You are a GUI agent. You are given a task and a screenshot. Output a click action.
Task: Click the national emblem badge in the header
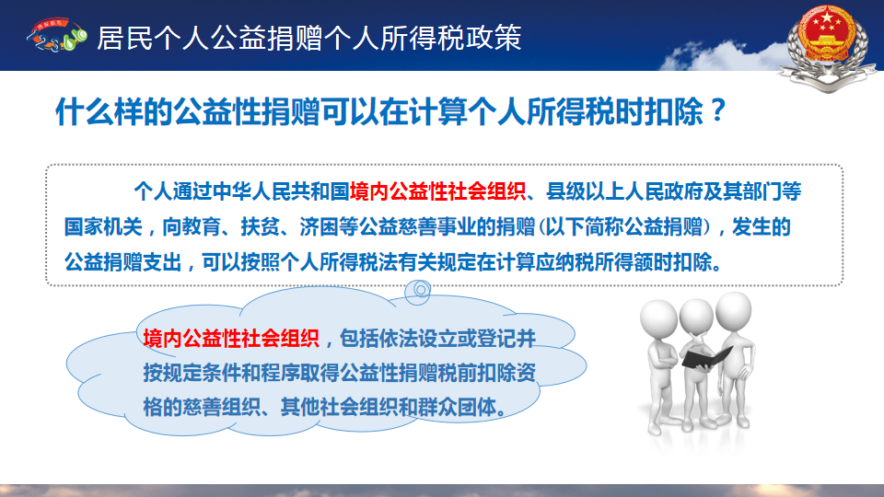[x=828, y=46]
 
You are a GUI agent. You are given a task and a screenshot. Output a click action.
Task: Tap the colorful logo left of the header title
[x=56, y=36]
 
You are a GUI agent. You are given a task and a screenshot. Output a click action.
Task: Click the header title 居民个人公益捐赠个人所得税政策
[x=309, y=38]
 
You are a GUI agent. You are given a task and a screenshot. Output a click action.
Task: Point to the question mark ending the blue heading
[x=717, y=110]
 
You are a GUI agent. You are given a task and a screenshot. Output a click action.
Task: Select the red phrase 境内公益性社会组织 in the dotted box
[x=437, y=191]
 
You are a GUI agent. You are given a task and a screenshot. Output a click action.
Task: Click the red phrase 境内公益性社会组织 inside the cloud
[x=231, y=338]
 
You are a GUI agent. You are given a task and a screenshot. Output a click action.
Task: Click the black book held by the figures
[x=706, y=358]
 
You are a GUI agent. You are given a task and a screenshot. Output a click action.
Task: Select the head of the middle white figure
[x=697, y=318]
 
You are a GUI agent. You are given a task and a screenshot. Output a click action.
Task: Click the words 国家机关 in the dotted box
[x=103, y=226]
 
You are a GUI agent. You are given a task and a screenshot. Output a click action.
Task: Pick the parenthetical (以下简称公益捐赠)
[x=624, y=226]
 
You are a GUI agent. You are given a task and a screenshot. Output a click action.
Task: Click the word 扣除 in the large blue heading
[x=674, y=111]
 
